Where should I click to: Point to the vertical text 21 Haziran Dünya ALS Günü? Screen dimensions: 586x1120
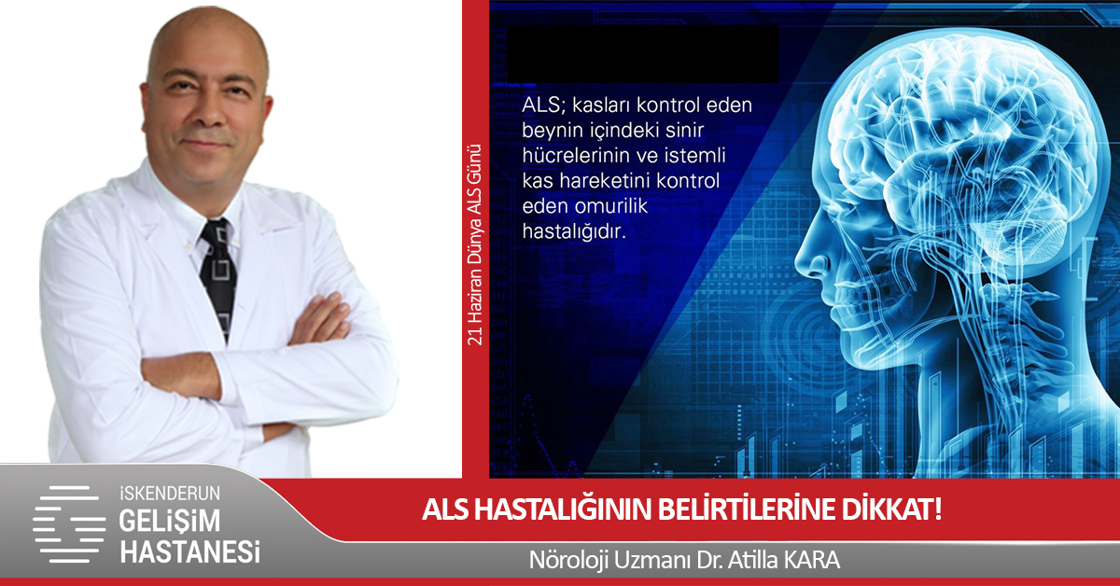click(x=475, y=245)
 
